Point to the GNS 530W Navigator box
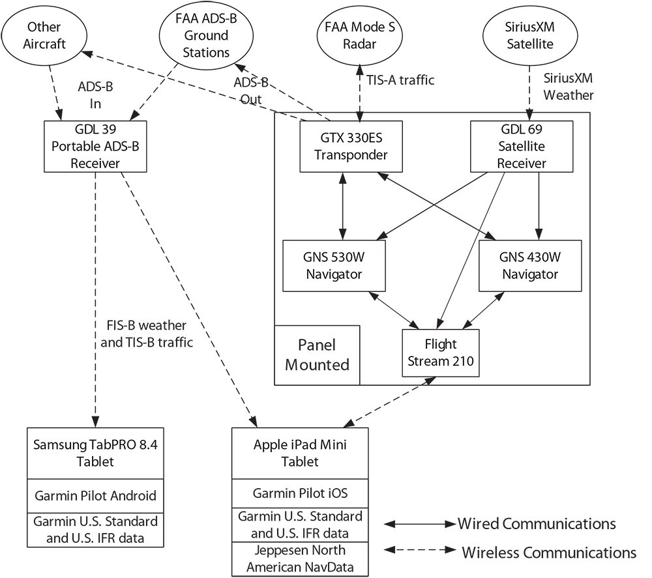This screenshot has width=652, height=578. [x=334, y=265]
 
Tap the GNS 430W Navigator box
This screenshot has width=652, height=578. [x=530, y=265]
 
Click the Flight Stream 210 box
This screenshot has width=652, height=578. [x=440, y=353]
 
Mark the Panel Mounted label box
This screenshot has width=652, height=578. [x=317, y=354]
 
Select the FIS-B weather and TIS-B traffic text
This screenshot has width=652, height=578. [x=149, y=333]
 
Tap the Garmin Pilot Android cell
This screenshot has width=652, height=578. [x=95, y=495]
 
